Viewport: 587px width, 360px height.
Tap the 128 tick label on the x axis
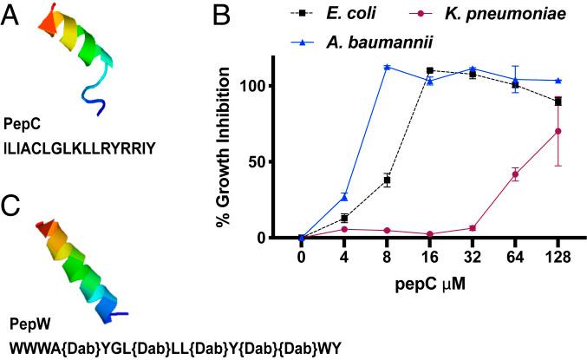click(x=558, y=257)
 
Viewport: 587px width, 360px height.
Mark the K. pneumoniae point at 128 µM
click(x=558, y=132)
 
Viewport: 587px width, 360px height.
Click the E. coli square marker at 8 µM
click(x=387, y=180)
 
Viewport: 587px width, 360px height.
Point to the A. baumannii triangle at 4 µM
click(x=344, y=198)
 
